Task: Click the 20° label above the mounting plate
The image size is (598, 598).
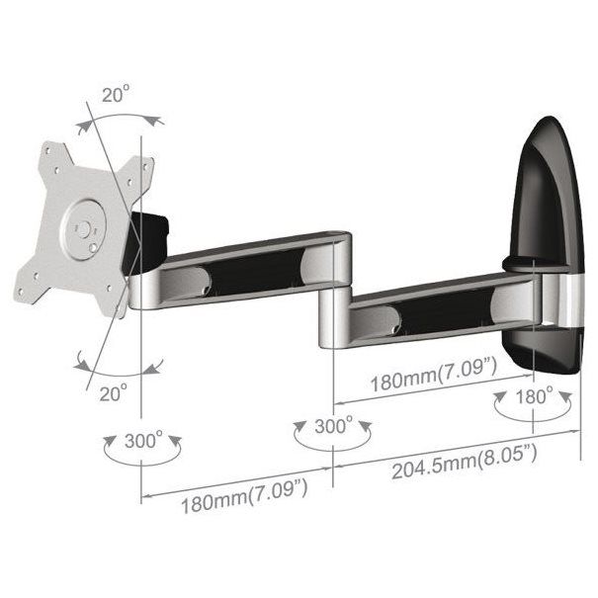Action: pyautogui.click(x=115, y=96)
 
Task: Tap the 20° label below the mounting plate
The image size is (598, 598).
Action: pyautogui.click(x=113, y=392)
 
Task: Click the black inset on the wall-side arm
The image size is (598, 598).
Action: pyautogui.click(x=425, y=314)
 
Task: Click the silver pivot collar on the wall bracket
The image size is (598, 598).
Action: pyautogui.click(x=558, y=297)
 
